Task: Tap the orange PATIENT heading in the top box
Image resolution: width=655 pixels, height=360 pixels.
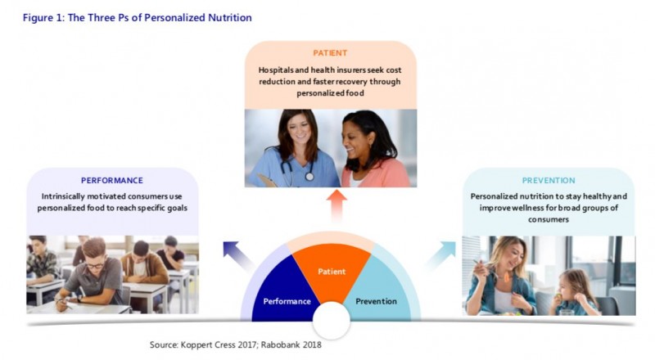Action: pos(330,53)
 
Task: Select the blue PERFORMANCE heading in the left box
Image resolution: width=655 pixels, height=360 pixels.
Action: pos(112,181)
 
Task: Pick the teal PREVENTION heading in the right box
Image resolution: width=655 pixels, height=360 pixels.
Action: pos(549,181)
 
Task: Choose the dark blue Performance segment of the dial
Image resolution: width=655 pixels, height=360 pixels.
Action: pos(284,292)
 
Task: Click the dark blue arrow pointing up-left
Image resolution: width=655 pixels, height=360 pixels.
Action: pos(238,254)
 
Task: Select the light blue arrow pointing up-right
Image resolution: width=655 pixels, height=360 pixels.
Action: pos(441,254)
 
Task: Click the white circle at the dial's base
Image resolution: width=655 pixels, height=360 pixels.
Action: pos(332,321)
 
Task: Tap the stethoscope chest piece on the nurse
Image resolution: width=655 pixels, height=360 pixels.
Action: pos(309,177)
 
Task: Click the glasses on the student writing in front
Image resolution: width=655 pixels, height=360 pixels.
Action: pos(95,265)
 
